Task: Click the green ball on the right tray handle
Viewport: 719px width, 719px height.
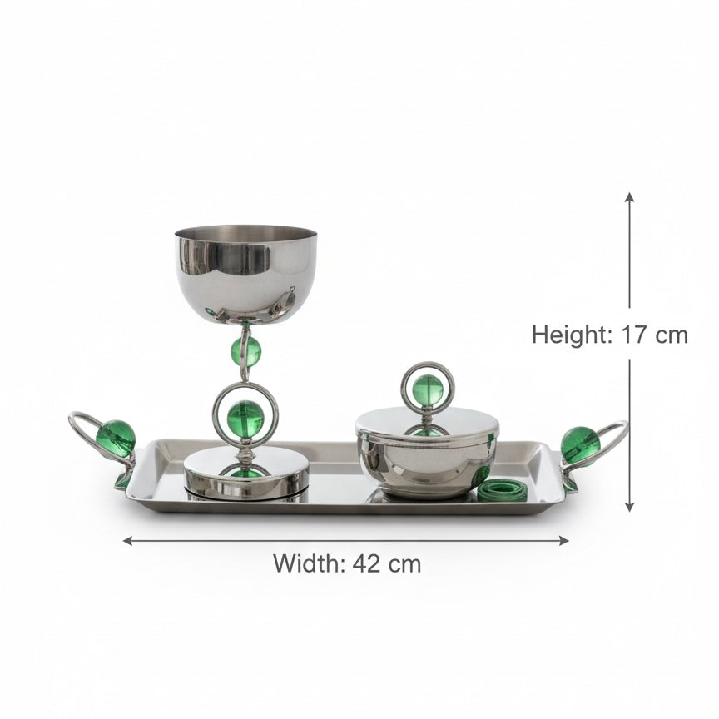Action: click(x=580, y=445)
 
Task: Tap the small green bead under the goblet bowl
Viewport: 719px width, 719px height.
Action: click(x=245, y=352)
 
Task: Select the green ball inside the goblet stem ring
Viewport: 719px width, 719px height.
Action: click(x=245, y=419)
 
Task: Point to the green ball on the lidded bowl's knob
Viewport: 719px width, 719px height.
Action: click(x=428, y=389)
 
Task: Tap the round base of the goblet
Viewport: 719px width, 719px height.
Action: click(x=245, y=474)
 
